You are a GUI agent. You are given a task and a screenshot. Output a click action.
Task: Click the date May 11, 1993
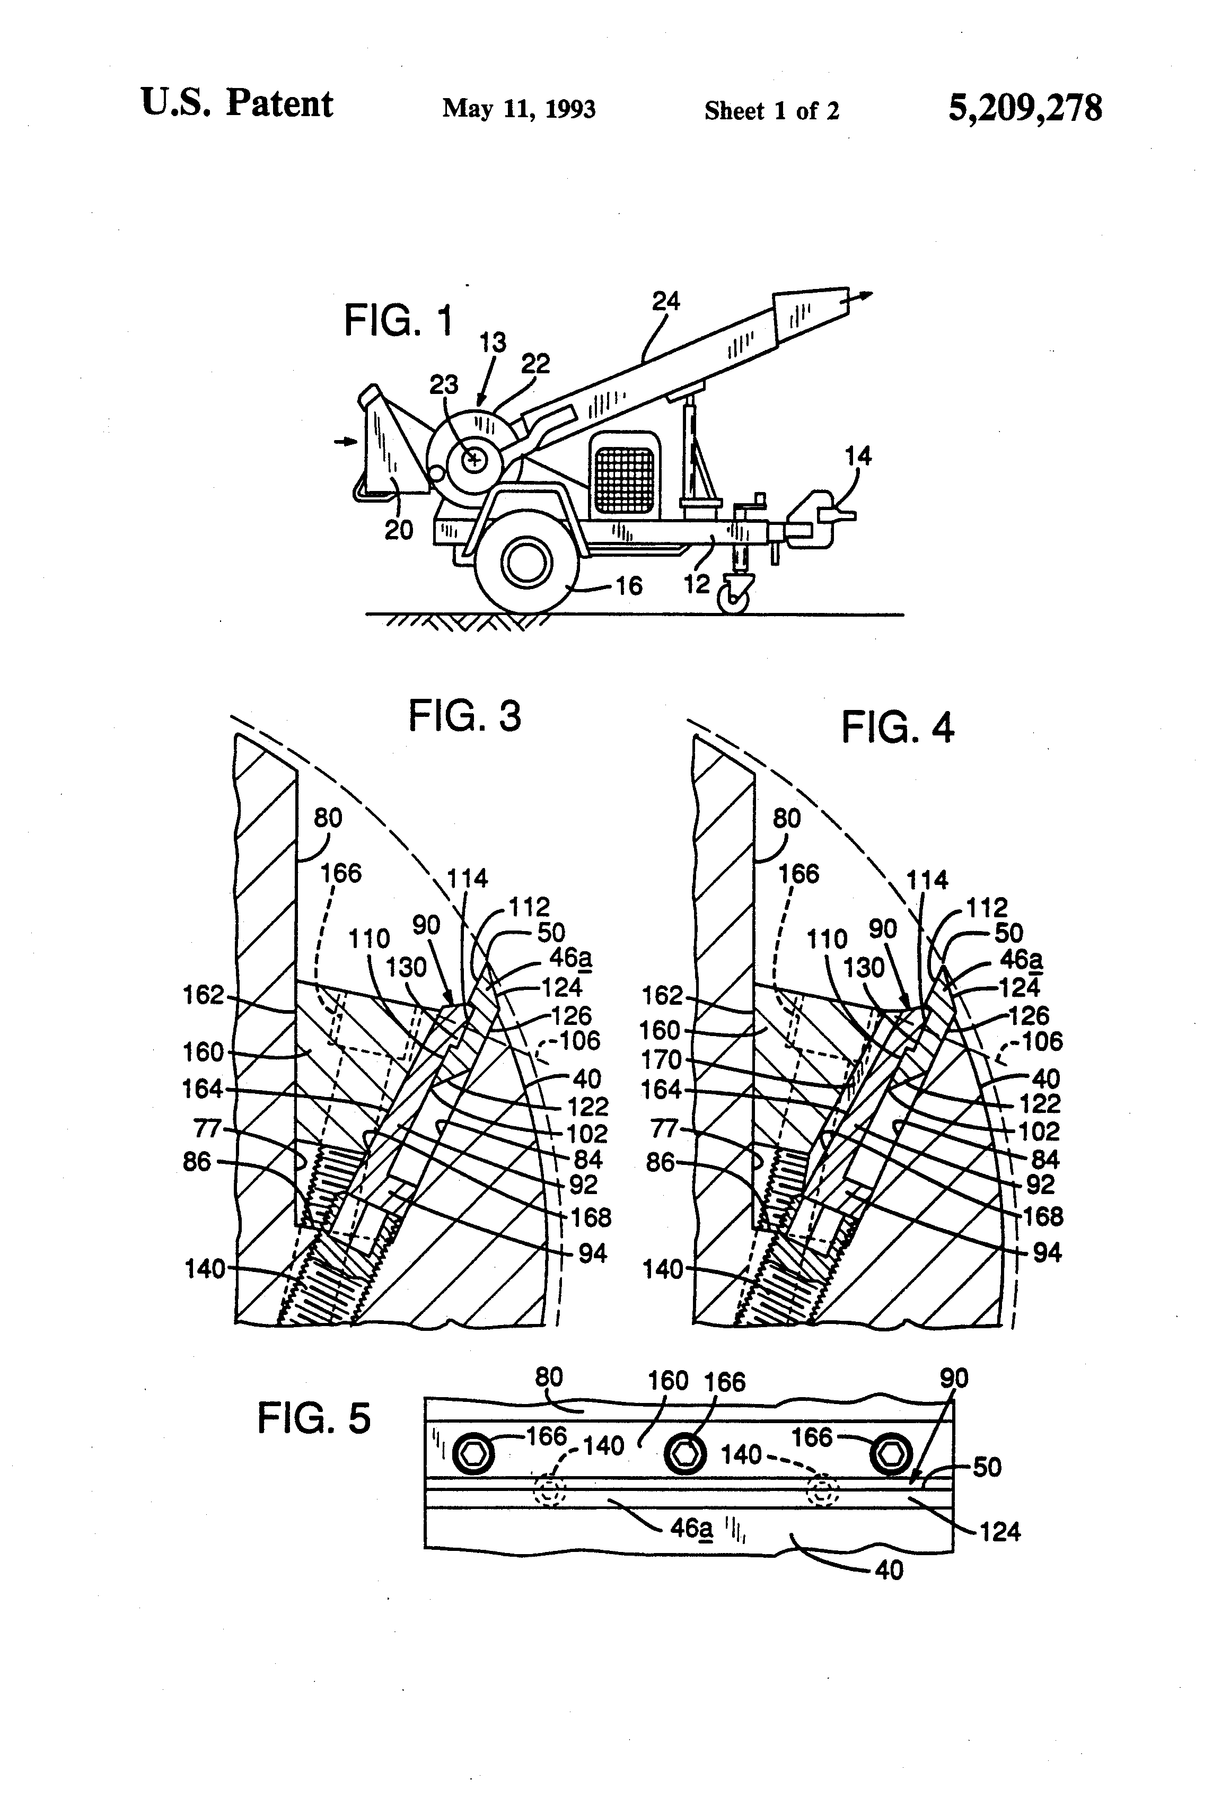(519, 109)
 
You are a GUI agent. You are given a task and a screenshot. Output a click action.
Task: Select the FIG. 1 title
(398, 320)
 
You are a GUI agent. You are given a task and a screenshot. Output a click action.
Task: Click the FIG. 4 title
(897, 729)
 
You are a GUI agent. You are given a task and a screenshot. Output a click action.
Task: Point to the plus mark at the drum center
(473, 460)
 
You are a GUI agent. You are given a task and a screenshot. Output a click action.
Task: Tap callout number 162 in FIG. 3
(203, 995)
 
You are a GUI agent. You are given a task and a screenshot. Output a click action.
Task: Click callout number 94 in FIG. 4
(1047, 1252)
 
